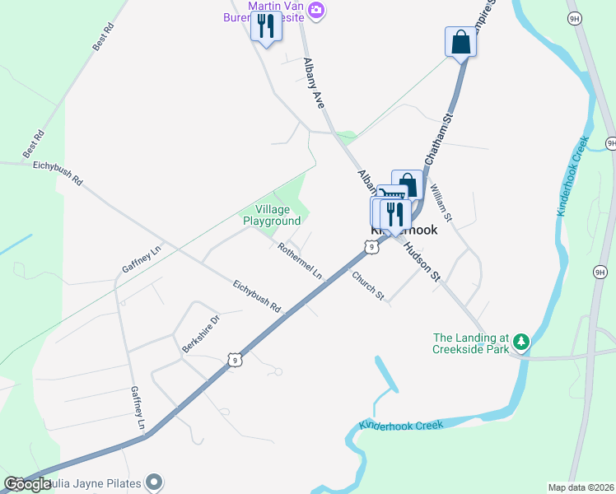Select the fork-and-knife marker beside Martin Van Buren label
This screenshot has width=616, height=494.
coord(265,26)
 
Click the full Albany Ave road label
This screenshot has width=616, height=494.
coord(314,83)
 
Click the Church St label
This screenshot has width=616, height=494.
coord(368,285)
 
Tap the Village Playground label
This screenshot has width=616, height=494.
coord(271,216)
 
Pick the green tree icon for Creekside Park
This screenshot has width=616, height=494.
coord(520,342)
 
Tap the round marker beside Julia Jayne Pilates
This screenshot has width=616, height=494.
coord(154,482)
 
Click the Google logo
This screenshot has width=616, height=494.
coord(28,484)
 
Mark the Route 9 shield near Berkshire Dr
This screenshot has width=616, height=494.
coord(236,360)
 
